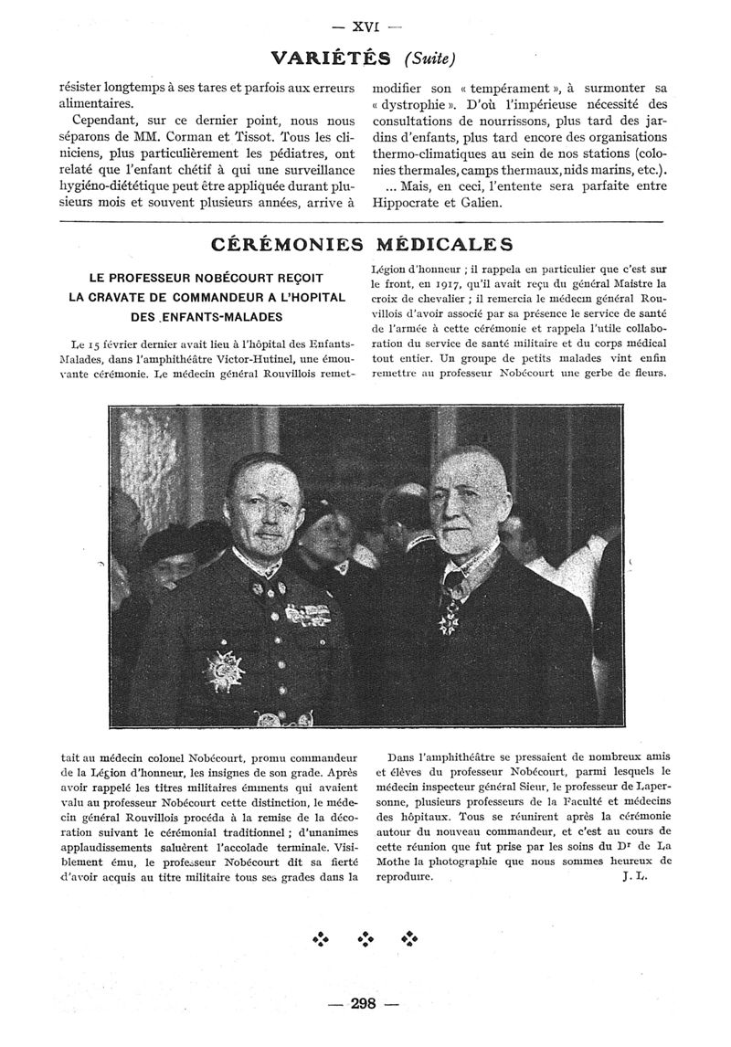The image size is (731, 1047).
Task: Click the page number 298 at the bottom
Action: (364, 1004)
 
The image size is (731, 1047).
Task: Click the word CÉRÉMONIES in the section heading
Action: (280, 245)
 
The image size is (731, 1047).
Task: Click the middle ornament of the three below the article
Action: (365, 939)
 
